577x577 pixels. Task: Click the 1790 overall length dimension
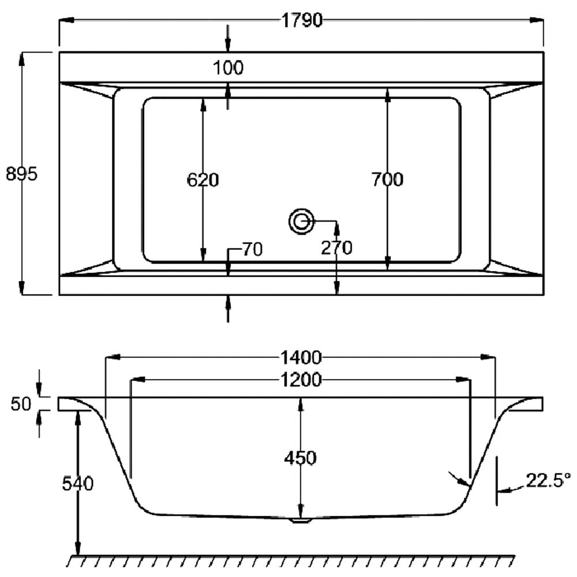point(302,20)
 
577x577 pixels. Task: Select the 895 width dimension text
point(22,174)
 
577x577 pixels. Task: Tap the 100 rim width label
point(228,68)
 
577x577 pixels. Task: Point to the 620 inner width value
point(203,180)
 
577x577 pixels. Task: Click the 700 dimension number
point(387,179)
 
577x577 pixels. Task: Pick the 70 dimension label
point(253,249)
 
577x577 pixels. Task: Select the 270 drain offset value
point(337,248)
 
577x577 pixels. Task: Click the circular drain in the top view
point(301,222)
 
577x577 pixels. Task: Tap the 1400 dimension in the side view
point(301,357)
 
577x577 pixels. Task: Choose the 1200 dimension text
point(301,380)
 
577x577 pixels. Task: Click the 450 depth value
point(300,458)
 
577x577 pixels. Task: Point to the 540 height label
point(78,484)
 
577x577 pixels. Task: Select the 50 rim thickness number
point(21,404)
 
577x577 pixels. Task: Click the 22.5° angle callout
point(548,480)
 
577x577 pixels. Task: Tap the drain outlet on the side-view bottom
point(301,520)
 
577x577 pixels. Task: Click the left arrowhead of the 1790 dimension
point(67,20)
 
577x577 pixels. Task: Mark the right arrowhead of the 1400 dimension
point(488,357)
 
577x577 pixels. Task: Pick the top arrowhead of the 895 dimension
point(22,59)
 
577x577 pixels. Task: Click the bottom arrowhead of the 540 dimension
point(78,548)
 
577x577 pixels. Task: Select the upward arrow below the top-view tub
point(228,309)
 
